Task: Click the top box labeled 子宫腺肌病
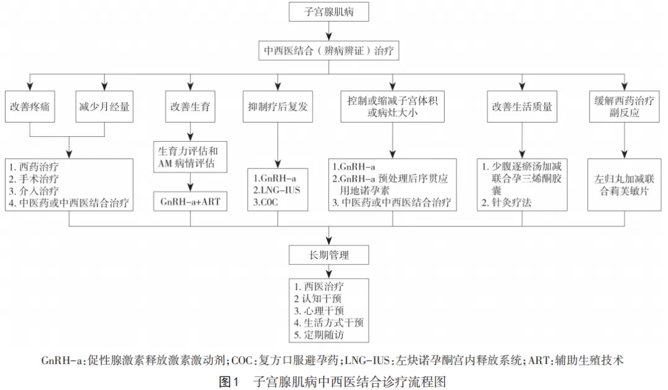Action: [328, 12]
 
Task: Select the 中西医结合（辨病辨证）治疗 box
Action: [328, 51]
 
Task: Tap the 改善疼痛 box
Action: [30, 106]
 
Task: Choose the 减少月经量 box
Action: [105, 106]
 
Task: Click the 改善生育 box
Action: [190, 106]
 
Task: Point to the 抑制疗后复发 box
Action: [278, 106]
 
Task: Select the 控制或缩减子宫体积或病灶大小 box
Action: [392, 106]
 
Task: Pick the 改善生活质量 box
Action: [522, 106]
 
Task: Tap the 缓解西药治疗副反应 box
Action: [624, 106]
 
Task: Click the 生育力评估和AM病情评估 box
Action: [190, 157]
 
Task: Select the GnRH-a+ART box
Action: [190, 201]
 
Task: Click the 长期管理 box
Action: [328, 255]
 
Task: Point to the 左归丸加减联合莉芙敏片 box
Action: [624, 185]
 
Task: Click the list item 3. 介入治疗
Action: [34, 191]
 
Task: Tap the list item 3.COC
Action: [265, 202]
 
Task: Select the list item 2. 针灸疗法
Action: [507, 202]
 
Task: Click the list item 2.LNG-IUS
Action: [276, 190]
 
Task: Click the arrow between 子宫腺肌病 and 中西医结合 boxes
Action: [328, 31]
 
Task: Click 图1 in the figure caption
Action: [229, 381]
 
